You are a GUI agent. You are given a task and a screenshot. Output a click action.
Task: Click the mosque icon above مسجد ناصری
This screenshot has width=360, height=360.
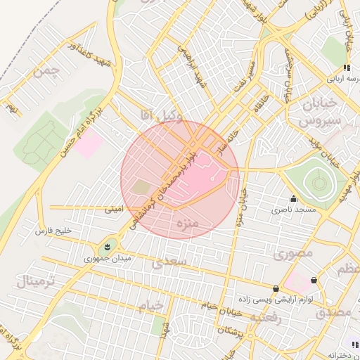(293, 199)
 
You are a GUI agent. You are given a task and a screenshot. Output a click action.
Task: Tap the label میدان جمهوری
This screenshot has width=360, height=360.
(104, 258)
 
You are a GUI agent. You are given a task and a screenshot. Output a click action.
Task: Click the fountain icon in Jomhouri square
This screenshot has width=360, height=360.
(106, 245)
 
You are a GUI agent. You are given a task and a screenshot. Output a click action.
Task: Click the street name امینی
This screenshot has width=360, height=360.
(113, 209)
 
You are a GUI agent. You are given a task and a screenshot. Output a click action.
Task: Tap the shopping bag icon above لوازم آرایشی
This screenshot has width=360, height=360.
(275, 288)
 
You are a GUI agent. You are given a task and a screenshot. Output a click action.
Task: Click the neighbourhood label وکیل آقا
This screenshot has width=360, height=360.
(162, 115)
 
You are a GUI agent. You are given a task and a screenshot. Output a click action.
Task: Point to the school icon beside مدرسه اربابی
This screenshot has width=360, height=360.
(346, 67)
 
